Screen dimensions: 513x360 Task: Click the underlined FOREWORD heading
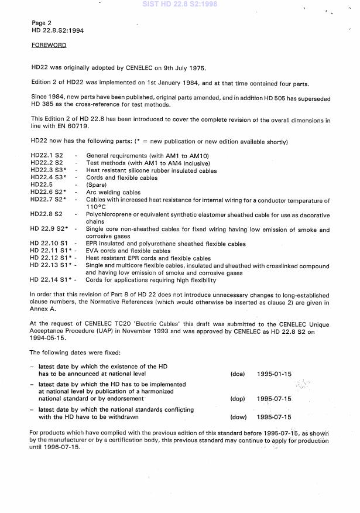(x=49, y=45)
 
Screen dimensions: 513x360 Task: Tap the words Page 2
(x=42, y=23)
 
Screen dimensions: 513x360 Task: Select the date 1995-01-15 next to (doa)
(x=274, y=374)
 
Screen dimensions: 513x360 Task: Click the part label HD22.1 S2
(x=47, y=155)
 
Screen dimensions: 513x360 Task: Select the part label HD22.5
(x=42, y=185)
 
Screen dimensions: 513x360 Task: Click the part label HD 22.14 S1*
(x=50, y=280)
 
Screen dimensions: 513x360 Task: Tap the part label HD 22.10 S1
(x=49, y=244)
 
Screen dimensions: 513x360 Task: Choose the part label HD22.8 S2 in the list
(x=46, y=216)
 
